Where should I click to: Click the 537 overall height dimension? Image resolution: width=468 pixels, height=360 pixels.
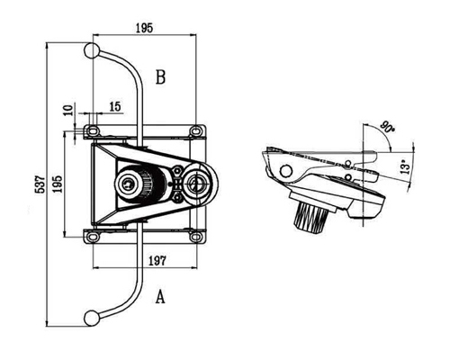[x=40, y=184]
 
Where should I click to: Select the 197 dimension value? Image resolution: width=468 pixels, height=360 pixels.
[x=157, y=261]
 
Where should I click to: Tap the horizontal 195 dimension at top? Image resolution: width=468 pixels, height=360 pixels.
[x=144, y=28]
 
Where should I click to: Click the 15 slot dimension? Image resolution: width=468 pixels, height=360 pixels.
[x=115, y=106]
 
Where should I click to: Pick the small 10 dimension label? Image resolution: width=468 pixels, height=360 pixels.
[x=68, y=110]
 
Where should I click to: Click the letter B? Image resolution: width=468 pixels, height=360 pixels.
[x=160, y=77]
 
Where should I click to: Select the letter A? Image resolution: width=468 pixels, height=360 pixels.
[x=160, y=296]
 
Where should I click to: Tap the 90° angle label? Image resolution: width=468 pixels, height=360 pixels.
[x=387, y=127]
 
